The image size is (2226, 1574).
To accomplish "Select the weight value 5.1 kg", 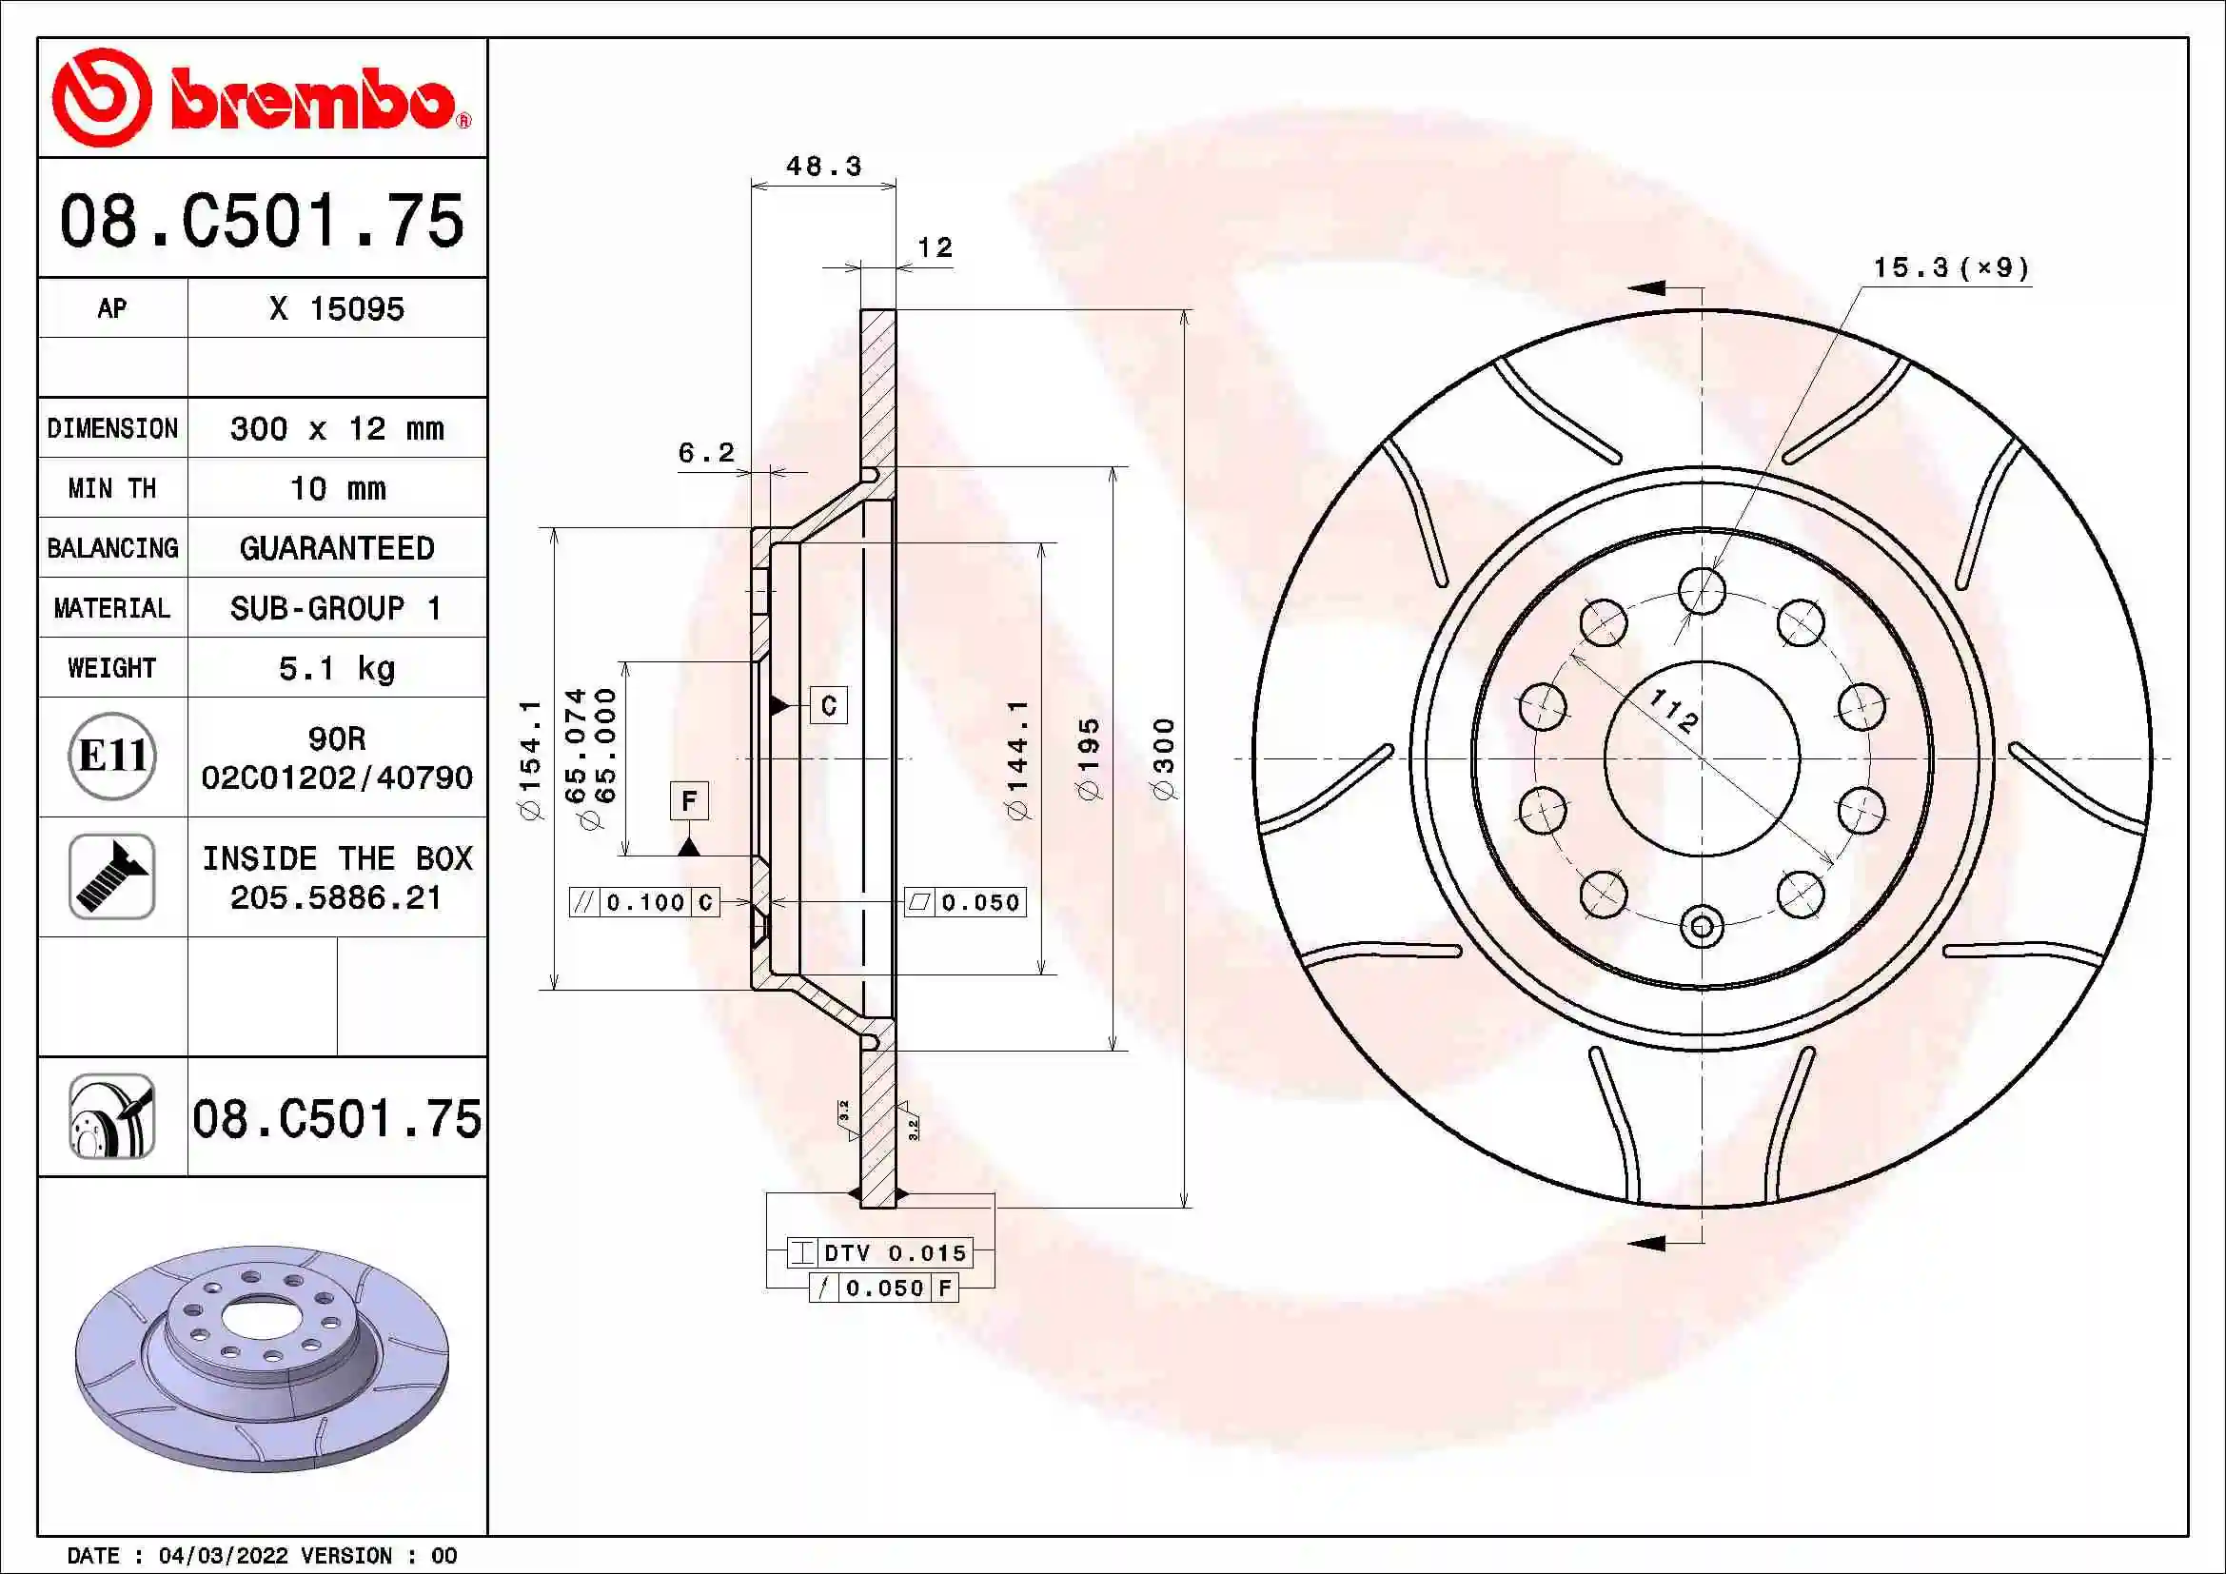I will [336, 669].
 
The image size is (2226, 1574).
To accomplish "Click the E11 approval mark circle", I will [112, 756].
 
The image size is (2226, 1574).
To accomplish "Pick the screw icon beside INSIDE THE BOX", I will [112, 876].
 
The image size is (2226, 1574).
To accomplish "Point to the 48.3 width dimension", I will [823, 167].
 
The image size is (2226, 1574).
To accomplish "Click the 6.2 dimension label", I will [706, 453].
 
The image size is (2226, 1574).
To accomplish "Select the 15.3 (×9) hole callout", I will [1951, 267].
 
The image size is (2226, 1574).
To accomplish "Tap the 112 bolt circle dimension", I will [1674, 711].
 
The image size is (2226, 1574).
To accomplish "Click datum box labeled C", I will [829, 705].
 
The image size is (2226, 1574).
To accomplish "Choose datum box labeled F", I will [689, 800].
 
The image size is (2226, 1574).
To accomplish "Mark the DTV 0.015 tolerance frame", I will [880, 1253].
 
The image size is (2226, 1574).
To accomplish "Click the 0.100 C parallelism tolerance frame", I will [644, 902].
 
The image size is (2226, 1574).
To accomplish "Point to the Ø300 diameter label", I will [1164, 758].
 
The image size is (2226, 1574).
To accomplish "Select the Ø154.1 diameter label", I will [530, 758].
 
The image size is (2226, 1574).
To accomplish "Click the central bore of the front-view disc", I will [1702, 758].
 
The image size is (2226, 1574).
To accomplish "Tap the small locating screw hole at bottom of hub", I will [1702, 928].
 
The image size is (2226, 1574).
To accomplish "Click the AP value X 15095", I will [336, 308].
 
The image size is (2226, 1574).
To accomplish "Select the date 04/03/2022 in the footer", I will [223, 1556].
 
